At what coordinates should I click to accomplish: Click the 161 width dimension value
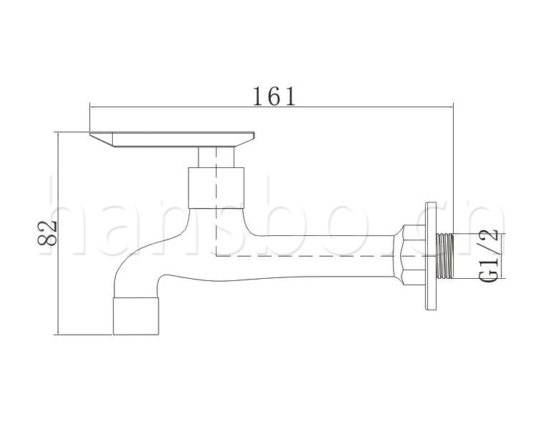click(x=274, y=96)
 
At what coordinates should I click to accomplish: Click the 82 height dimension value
click(x=47, y=233)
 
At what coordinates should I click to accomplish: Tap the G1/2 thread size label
click(x=489, y=256)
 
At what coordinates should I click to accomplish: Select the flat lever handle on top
click(x=172, y=139)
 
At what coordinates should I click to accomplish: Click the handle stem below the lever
click(x=216, y=157)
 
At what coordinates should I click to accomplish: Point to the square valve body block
click(x=216, y=188)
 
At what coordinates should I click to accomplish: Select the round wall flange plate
click(x=431, y=256)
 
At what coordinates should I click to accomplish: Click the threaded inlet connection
click(x=445, y=256)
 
